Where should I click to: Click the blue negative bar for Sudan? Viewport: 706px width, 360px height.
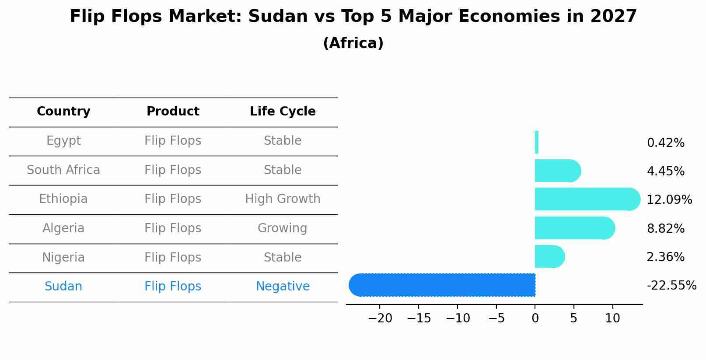442,285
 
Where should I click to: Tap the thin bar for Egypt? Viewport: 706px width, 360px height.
537,142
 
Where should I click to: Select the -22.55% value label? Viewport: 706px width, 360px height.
671,286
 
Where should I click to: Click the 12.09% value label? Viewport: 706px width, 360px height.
669,200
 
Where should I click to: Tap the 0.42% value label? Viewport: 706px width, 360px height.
665,143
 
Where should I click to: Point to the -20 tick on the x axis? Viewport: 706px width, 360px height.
380,318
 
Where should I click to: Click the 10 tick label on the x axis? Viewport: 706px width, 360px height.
612,318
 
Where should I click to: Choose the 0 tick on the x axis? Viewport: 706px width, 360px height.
535,318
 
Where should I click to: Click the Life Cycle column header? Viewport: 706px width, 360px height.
283,112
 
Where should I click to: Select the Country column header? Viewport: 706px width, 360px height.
63,112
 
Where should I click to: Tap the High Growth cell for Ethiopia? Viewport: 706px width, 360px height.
283,199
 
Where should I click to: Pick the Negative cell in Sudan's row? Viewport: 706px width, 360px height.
283,287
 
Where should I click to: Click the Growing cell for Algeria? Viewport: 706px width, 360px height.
283,228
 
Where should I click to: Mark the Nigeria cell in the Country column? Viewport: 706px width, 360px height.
63,257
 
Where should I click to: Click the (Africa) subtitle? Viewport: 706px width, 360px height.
353,43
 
